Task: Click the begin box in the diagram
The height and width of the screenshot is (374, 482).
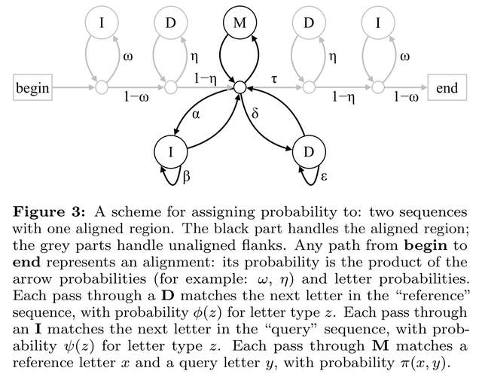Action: pyautogui.click(x=33, y=88)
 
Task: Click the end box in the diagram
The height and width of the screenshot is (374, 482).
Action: pyautogui.click(x=447, y=88)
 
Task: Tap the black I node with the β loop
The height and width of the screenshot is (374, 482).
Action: pyautogui.click(x=172, y=152)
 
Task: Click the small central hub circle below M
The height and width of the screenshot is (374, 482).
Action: pyautogui.click(x=239, y=88)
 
